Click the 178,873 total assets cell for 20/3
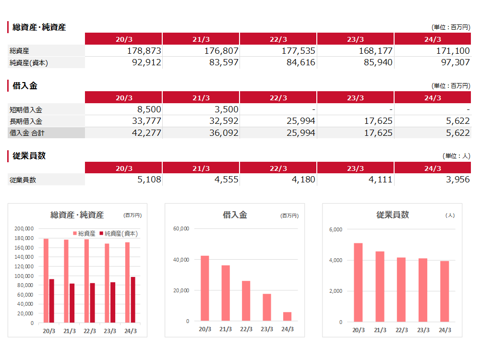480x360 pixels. (x=144, y=51)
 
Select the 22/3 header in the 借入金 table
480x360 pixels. (x=278, y=98)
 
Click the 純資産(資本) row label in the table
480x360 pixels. (x=29, y=62)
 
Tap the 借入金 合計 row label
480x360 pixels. (x=27, y=133)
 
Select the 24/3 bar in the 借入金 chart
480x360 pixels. (x=287, y=316)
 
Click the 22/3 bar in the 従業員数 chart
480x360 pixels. (x=401, y=289)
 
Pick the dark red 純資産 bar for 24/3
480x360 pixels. (x=133, y=300)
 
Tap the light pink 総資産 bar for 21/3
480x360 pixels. (x=66, y=281)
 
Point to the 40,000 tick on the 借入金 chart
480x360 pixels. (x=181, y=260)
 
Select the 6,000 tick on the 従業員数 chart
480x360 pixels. (x=336, y=229)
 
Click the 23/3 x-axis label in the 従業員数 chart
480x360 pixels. (x=423, y=330)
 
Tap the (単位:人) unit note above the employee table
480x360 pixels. (x=456, y=156)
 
